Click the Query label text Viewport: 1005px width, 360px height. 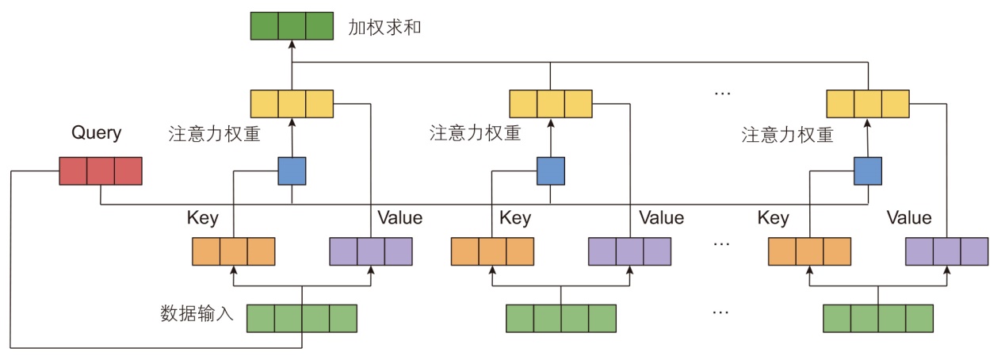click(x=97, y=132)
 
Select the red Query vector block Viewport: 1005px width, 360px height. click(x=101, y=171)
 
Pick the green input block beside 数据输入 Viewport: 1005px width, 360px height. click(x=302, y=317)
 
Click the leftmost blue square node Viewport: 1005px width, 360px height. click(x=292, y=170)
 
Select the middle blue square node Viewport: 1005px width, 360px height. click(x=551, y=170)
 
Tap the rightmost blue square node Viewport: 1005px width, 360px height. click(x=869, y=170)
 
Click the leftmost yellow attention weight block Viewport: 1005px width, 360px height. click(x=292, y=104)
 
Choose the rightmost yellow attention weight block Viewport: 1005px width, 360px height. click(x=868, y=104)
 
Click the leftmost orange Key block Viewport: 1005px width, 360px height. click(x=234, y=251)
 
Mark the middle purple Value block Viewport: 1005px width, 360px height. click(x=630, y=251)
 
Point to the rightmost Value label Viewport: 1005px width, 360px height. click(x=909, y=217)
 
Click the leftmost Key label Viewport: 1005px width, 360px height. click(x=203, y=217)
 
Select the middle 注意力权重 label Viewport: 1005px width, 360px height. click(x=475, y=132)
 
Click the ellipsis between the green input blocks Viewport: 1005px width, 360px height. click(x=720, y=312)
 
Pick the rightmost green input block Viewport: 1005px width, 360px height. click(x=878, y=317)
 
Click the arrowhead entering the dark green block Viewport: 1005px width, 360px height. click(x=292, y=46)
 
